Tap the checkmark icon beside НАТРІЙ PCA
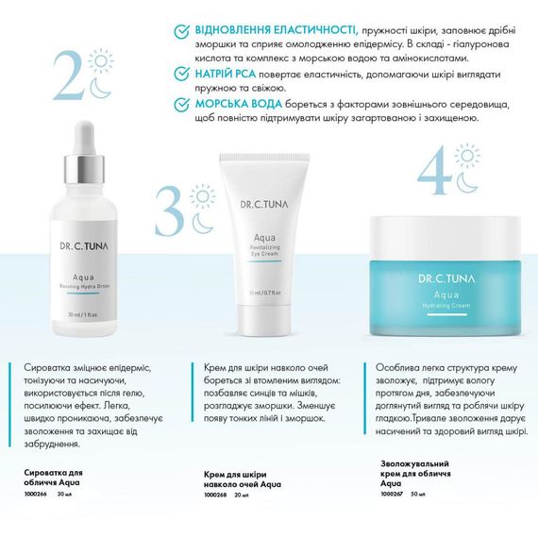click(182, 73)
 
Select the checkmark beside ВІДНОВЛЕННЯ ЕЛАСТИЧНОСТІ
click(182, 31)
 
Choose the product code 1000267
click(391, 493)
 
